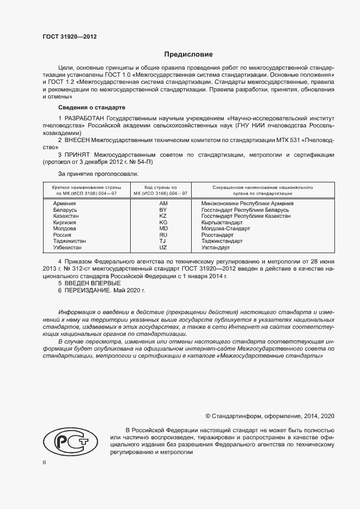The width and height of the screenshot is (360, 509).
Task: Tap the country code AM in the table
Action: (162, 203)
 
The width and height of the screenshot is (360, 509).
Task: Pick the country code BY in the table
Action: (162, 210)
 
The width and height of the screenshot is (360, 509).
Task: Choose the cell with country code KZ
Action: (162, 216)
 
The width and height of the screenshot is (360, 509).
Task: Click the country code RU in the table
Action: (162, 235)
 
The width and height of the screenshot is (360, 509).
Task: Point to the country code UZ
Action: (162, 247)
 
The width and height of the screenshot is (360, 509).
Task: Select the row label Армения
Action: (65, 203)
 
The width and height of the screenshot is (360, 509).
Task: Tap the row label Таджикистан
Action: (70, 241)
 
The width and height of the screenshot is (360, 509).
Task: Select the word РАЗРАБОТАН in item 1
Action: (84, 118)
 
